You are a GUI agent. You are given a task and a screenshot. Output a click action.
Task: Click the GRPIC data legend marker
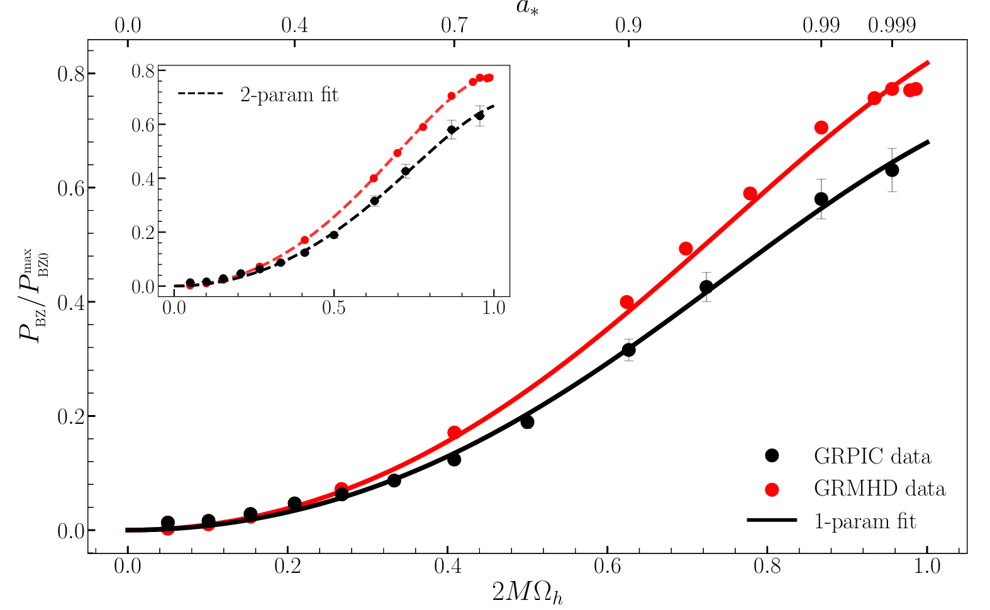772,456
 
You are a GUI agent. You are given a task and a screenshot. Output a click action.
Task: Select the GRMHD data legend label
879,489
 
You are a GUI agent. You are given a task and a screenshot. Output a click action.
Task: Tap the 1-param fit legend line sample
772,521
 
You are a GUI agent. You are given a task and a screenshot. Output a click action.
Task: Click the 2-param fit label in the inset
289,94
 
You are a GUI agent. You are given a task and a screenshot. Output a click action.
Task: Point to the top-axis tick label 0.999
891,26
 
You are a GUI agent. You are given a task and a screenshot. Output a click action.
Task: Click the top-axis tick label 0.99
821,26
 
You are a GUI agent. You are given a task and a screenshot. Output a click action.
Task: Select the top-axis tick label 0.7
454,26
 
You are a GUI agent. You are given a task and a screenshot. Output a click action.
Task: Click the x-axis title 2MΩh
526,592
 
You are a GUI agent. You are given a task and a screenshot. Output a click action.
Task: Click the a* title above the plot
526,9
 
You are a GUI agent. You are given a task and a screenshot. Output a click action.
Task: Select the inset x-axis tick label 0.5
334,309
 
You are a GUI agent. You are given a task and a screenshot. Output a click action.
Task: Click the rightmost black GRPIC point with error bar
892,170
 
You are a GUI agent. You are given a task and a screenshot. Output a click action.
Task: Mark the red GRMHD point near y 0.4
626,302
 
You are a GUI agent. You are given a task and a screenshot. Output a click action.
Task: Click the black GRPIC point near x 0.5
527,421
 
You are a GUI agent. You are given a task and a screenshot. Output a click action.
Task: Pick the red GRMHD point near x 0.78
750,193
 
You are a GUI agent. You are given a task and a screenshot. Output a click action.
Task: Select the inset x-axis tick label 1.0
494,309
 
